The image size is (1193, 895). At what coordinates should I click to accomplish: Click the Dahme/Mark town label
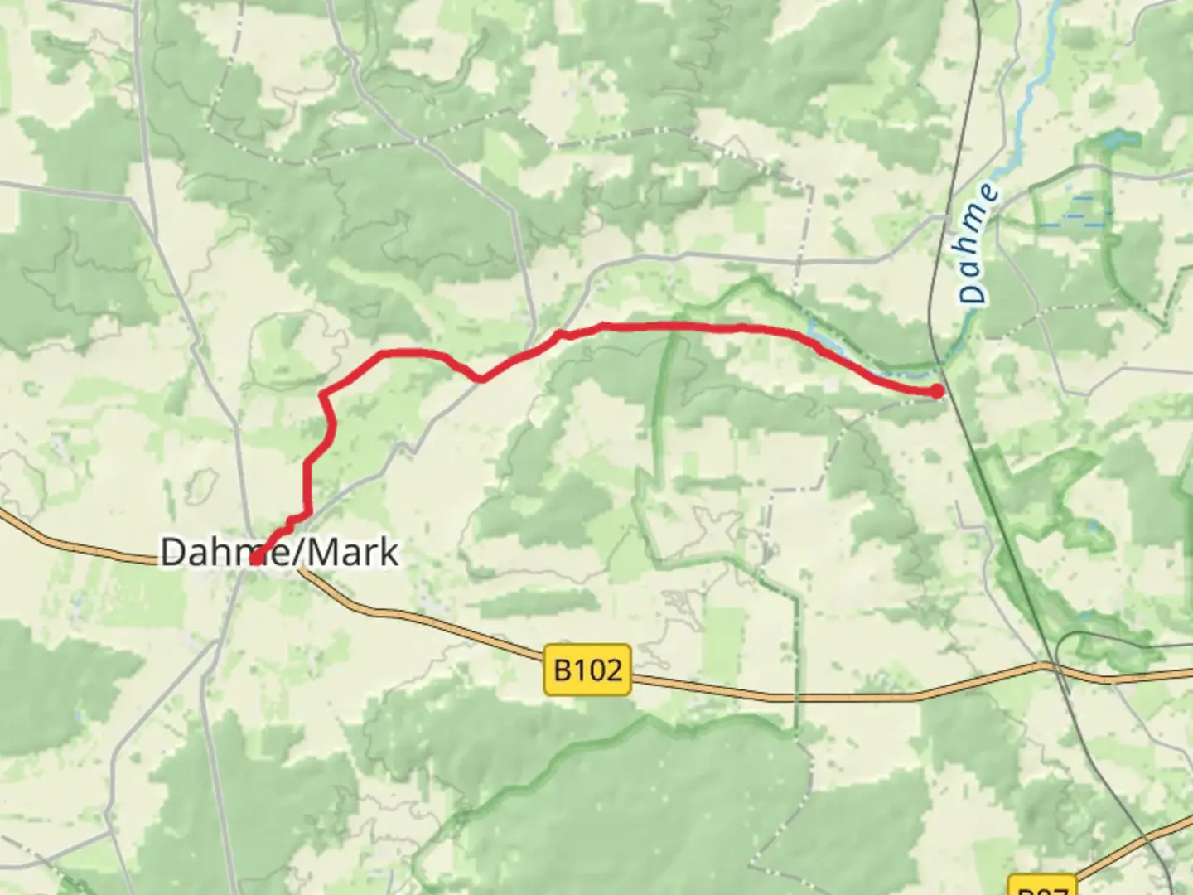279,552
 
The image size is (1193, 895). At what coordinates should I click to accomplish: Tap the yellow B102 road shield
587,669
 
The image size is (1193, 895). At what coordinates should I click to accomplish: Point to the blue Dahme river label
978,244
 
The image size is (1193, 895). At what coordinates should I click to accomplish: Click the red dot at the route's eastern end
936,391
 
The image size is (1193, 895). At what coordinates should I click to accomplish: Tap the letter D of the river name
973,293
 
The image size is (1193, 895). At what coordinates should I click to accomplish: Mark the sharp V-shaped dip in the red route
480,380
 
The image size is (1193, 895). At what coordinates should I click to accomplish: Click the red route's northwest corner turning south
323,393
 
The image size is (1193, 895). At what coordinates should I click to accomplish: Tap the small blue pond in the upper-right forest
1114,137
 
